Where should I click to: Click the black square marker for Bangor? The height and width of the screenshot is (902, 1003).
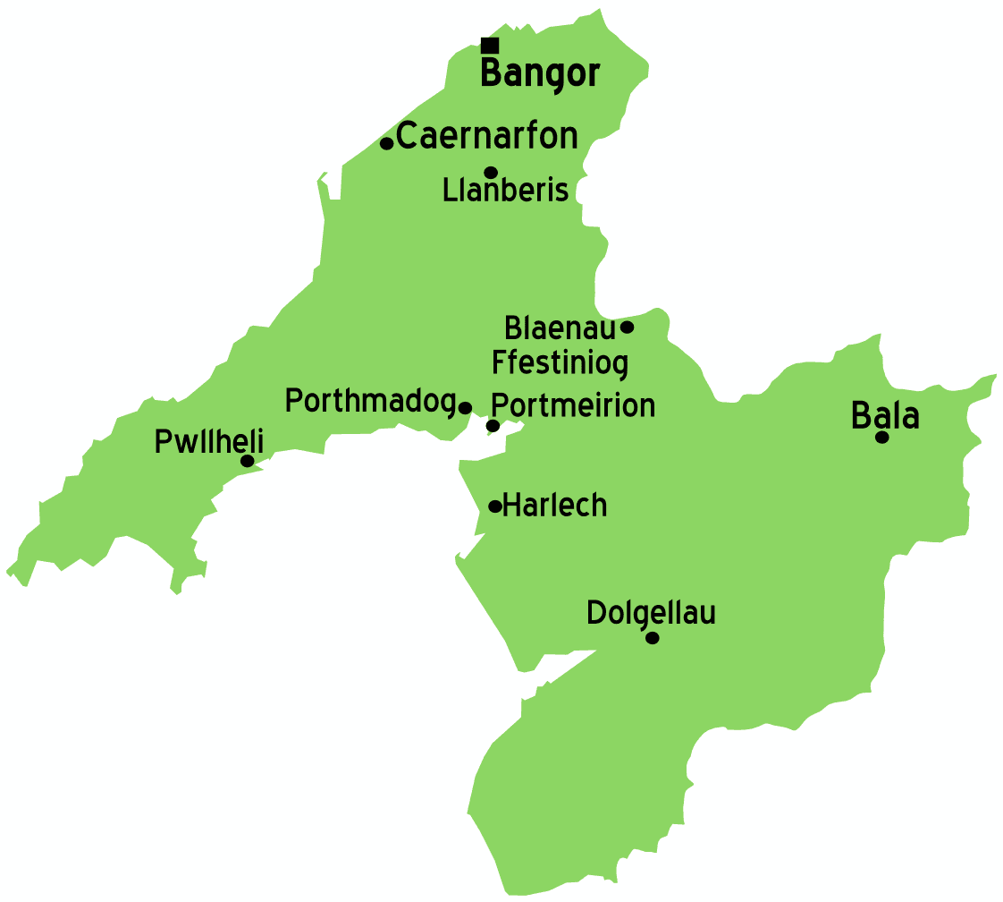coord(490,46)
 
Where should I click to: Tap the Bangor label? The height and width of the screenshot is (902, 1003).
coord(539,74)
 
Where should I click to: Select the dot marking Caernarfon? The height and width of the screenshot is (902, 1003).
coord(387,143)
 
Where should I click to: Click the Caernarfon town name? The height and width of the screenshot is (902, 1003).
coord(487,137)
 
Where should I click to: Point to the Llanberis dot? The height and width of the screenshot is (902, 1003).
coord(491,173)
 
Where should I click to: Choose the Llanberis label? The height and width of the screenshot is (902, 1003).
coord(506,191)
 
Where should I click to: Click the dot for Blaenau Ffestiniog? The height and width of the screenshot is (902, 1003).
coord(628,327)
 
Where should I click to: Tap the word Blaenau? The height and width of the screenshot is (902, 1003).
coord(560,328)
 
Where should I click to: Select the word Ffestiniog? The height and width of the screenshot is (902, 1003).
coord(560,363)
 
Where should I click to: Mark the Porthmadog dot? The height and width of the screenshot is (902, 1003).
coord(465,408)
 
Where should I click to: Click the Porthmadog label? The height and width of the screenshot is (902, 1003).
coord(370,401)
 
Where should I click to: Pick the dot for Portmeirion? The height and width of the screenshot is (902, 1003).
coord(493,425)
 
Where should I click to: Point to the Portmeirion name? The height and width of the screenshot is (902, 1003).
coord(574,405)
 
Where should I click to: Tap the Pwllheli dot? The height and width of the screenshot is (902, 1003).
coord(248,461)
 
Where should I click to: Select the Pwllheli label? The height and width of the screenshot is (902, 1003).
coord(209,442)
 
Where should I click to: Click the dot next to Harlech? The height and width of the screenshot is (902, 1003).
coord(494,506)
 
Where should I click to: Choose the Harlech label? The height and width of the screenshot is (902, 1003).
coord(555,506)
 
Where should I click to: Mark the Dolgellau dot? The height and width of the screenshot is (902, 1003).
coord(653,638)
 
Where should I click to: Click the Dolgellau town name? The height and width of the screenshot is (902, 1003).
coord(651,614)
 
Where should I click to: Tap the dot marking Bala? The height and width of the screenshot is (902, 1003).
coord(882,437)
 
